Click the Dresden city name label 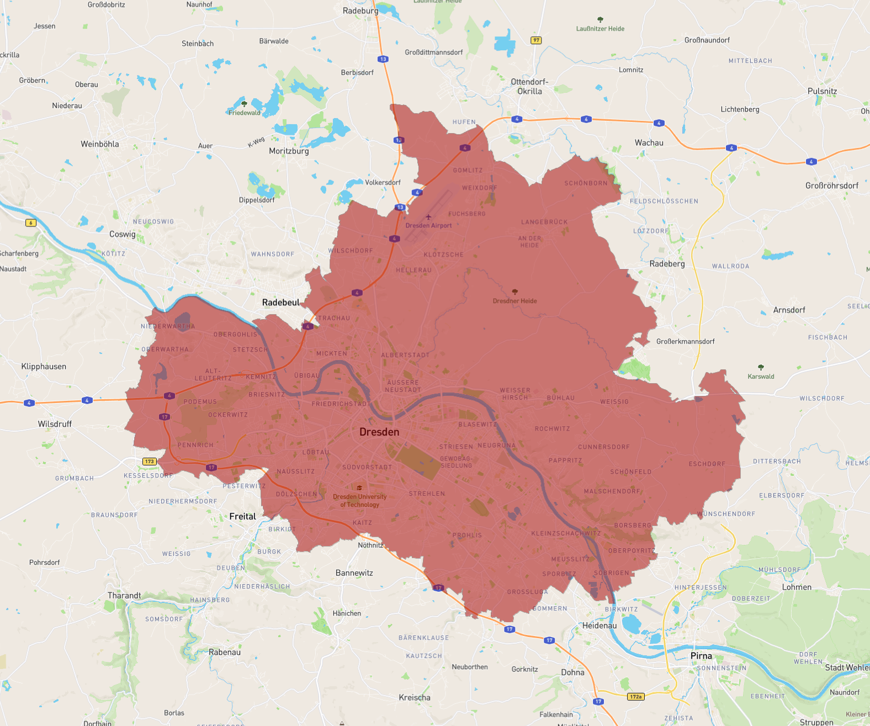point(379,432)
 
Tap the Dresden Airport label point(428,225)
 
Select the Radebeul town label point(280,303)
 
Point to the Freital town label point(242,516)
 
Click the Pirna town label point(701,656)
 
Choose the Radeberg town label point(667,264)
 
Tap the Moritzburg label point(289,151)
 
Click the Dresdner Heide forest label point(514,301)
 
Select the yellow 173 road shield point(150,461)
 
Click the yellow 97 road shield point(536,40)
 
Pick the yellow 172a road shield point(635,696)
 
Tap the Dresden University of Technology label point(359,500)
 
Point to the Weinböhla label point(99,144)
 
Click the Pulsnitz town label point(822,91)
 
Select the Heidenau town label point(600,626)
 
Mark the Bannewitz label point(354,573)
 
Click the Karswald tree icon point(761,367)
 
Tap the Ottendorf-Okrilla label point(529,87)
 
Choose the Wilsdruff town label point(55,424)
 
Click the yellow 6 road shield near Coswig point(31,223)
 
